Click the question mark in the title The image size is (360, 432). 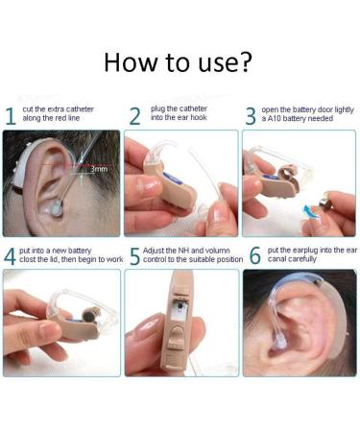click(x=246, y=63)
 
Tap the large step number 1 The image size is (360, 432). click(x=10, y=117)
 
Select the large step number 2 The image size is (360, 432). click(x=134, y=117)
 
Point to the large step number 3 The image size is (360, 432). click(x=251, y=117)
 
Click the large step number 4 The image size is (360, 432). click(x=10, y=255)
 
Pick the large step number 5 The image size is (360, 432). click(x=134, y=255)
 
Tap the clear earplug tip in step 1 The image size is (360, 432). click(x=56, y=204)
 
